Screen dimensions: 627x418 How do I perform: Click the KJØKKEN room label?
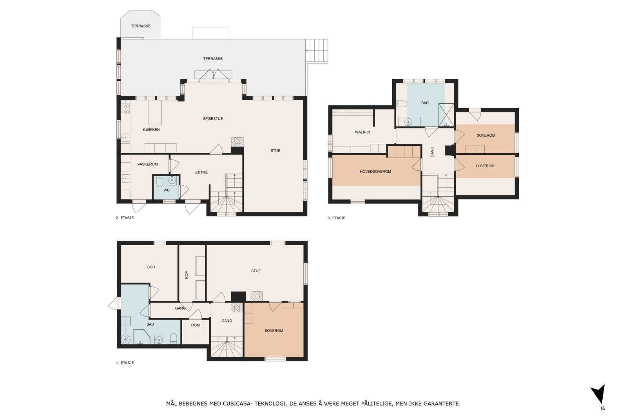[151, 130]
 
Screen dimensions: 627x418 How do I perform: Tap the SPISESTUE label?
[213, 119]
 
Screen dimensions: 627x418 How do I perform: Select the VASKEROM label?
[147, 164]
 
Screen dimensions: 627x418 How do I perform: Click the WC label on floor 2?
[167, 190]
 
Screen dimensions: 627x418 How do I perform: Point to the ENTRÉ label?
[201, 172]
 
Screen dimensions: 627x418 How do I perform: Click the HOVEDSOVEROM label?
[375, 172]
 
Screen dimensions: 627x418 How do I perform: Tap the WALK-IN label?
[362, 132]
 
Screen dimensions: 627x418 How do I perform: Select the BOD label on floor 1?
[151, 267]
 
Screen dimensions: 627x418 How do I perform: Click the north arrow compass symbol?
[599, 395]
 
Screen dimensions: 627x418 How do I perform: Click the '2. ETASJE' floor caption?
[125, 218]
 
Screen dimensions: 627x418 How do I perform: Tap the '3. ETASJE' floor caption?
[337, 218]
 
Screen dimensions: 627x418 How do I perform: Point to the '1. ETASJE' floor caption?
[125, 363]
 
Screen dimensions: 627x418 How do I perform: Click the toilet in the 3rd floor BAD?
[401, 104]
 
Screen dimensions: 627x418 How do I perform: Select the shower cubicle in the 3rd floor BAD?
[446, 115]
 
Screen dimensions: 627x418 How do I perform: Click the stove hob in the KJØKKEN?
[125, 109]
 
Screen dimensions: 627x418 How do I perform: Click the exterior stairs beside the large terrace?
[317, 51]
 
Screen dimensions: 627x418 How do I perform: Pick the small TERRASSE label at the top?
[141, 26]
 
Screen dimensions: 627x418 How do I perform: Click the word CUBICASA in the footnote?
[237, 404]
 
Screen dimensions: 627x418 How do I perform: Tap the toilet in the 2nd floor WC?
[159, 182]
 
